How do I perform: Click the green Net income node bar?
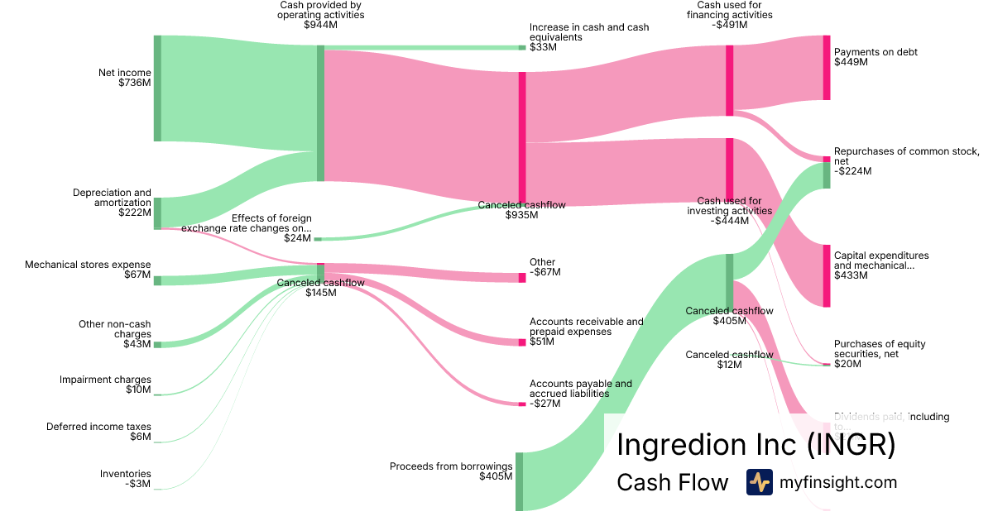pos(157,88)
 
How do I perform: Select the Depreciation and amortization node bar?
pos(157,213)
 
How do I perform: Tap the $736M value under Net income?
pos(135,83)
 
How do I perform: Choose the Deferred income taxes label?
pos(98,432)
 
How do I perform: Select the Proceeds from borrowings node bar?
pos(520,481)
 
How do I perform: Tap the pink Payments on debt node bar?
pos(826,68)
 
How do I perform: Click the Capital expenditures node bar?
pos(826,275)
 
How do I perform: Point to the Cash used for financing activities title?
pos(729,15)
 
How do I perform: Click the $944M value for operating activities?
pos(320,25)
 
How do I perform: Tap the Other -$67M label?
pos(544,267)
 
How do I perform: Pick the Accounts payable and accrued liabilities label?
pos(580,389)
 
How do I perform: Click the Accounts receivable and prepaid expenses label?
pos(586,327)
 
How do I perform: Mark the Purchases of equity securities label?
pos(880,349)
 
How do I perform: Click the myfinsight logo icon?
pos(759,482)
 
